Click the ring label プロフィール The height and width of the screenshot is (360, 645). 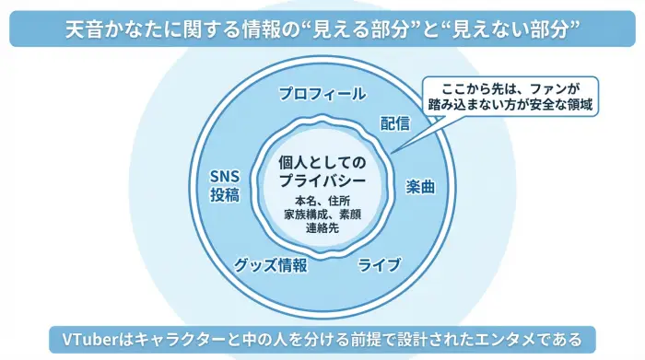pyautogui.click(x=322, y=94)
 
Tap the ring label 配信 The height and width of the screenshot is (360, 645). pyautogui.click(x=394, y=124)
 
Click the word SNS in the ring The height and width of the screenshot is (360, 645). pyautogui.click(x=224, y=177)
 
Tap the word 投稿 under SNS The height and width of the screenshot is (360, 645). pyautogui.click(x=224, y=195)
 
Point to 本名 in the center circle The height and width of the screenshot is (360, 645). pyautogui.click(x=305, y=200)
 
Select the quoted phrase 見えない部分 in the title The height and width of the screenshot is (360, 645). pyautogui.click(x=508, y=29)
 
